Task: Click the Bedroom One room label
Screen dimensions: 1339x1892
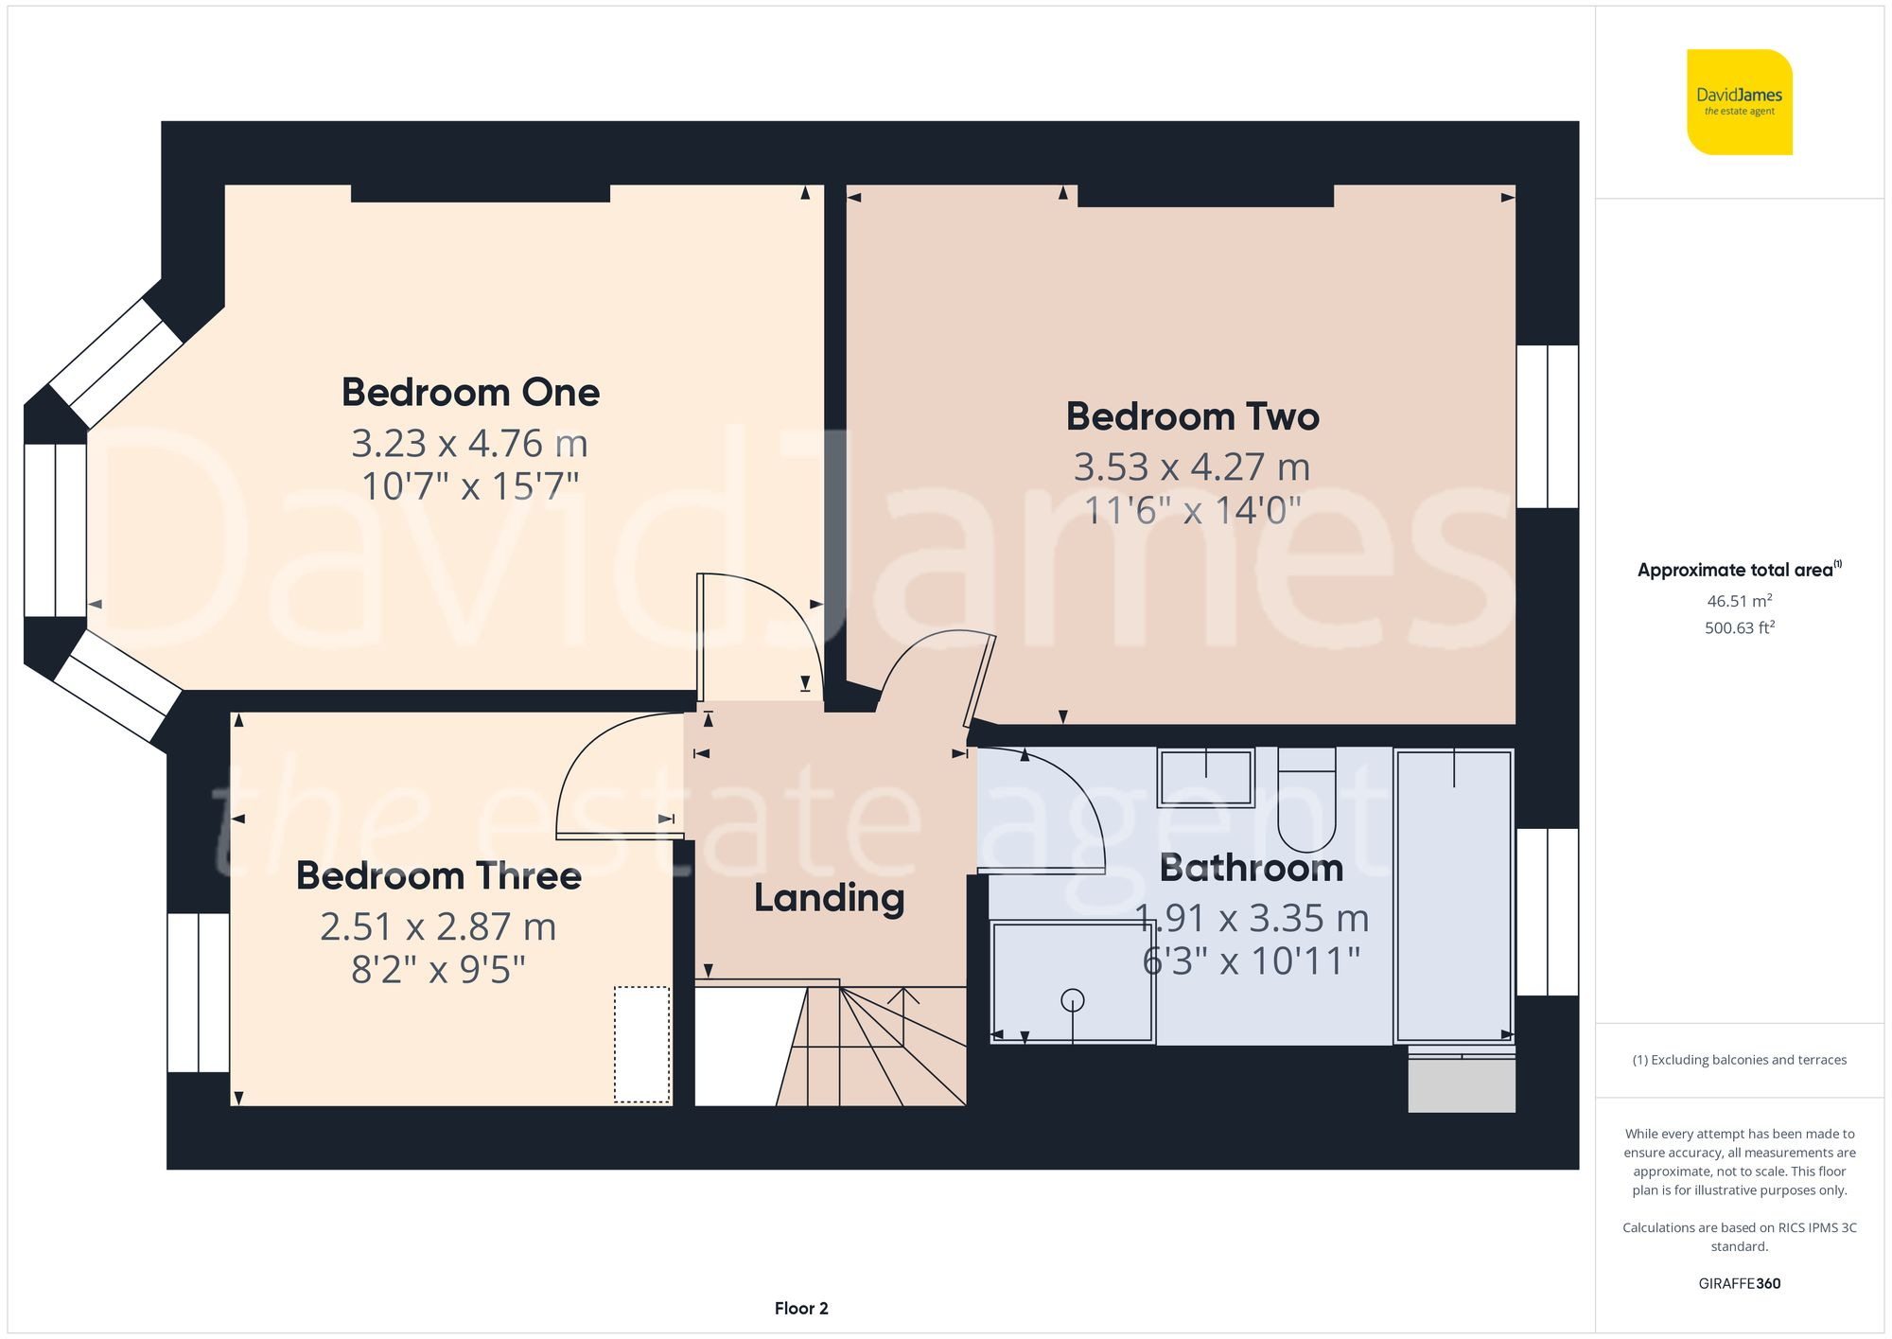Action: pos(470,393)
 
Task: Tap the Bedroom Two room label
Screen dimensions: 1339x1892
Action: pos(1192,416)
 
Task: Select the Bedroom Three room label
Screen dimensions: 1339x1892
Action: pos(438,876)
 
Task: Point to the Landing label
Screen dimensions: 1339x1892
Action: pos(829,898)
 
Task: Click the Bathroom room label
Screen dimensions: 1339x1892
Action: pos(1251,868)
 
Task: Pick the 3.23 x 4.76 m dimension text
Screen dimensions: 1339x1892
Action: pos(469,443)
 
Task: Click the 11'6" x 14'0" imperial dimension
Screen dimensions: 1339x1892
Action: pos(1192,511)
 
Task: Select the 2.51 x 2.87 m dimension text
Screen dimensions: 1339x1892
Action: pos(438,926)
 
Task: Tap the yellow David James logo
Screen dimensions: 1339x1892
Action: pos(1739,102)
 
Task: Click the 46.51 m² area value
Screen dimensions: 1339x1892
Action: pos(1739,601)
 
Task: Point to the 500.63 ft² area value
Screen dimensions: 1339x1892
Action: pos(1739,627)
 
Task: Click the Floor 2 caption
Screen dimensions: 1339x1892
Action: pos(801,1309)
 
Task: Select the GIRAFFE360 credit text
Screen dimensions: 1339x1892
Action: pos(1739,1284)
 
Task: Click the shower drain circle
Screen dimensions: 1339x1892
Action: pos(1072,999)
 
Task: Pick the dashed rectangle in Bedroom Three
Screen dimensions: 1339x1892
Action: pos(641,1045)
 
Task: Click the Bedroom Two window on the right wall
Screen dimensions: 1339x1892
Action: pos(1547,426)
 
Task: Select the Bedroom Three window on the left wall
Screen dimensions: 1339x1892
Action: pos(199,992)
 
